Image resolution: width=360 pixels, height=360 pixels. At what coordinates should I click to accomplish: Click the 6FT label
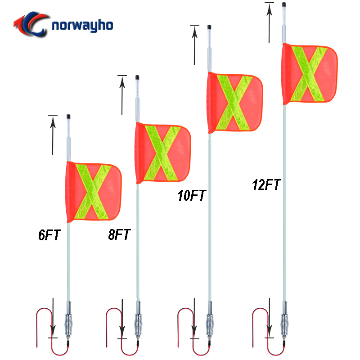49,234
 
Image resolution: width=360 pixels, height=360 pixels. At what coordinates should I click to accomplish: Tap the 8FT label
119,234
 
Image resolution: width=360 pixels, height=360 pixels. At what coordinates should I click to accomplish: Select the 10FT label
192,195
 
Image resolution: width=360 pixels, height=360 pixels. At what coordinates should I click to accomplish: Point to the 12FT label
266,184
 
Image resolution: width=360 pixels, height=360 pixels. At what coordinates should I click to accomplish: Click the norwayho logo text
82,25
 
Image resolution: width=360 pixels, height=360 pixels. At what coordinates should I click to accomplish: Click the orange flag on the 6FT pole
94,192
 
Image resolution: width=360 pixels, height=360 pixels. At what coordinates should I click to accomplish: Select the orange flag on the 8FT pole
163,153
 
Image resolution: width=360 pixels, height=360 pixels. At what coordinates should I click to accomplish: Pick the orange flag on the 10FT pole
235,103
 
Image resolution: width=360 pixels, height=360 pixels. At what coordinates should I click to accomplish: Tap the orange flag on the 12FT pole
310,74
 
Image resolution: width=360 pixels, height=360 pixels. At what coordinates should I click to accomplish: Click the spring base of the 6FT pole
68,324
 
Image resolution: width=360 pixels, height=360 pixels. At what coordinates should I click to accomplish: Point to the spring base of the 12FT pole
284,324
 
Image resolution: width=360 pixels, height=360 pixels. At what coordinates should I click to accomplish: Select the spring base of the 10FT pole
210,324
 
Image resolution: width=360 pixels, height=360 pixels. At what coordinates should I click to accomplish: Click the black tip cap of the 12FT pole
284,4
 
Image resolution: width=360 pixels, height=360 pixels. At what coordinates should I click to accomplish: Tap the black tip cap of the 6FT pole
68,117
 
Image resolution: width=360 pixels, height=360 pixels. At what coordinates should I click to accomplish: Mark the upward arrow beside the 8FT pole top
122,95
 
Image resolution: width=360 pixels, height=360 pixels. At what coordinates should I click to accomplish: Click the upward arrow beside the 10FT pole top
194,45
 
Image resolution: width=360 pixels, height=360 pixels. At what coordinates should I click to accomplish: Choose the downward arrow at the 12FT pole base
269,318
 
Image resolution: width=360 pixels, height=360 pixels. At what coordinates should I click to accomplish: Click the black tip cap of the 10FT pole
209,27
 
